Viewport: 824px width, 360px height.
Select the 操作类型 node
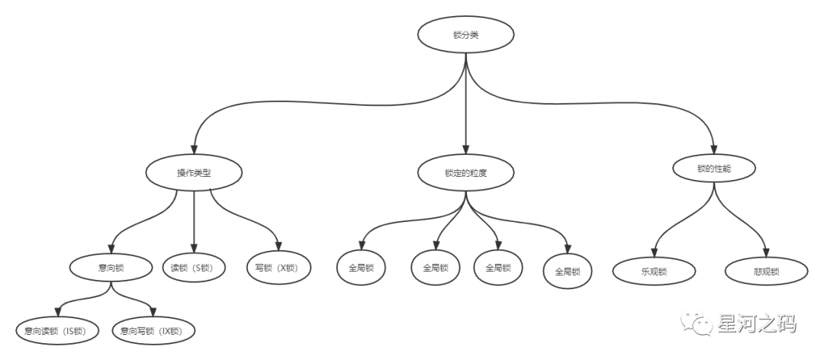[x=194, y=172]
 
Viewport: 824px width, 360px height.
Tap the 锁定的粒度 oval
[x=465, y=173]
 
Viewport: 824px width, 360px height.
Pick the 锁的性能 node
[x=715, y=169]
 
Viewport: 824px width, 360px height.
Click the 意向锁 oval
[x=112, y=268]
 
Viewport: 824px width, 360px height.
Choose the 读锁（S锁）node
[x=194, y=268]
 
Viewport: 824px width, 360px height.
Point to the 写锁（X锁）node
[x=279, y=268]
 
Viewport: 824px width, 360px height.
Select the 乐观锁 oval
[x=655, y=270]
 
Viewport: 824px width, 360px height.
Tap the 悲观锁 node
[x=764, y=270]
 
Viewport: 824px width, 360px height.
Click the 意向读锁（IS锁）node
[x=54, y=331]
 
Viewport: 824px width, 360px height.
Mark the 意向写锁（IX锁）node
[x=153, y=331]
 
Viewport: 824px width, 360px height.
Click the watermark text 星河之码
[x=757, y=324]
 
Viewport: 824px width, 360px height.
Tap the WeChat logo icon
[x=696, y=323]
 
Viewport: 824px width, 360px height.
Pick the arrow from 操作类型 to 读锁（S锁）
[x=194, y=221]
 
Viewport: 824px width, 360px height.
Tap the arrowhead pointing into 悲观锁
[x=764, y=249]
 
